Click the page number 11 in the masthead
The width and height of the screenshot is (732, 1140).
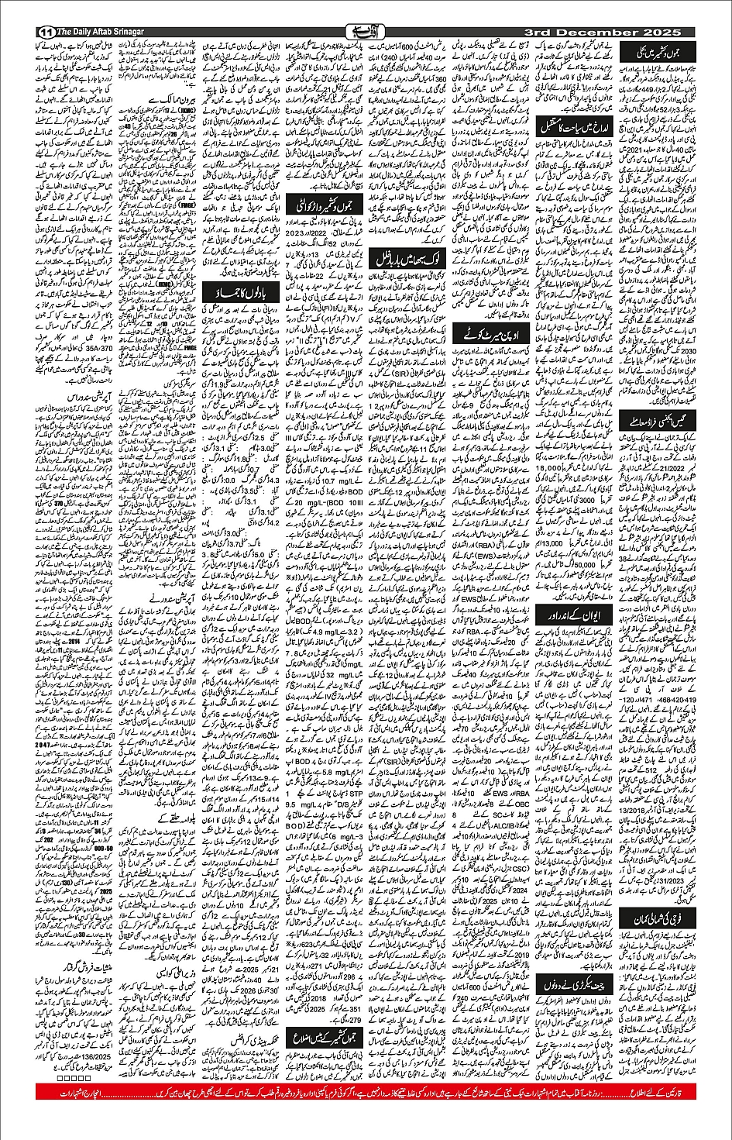43,32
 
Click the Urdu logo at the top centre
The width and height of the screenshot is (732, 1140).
366,32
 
